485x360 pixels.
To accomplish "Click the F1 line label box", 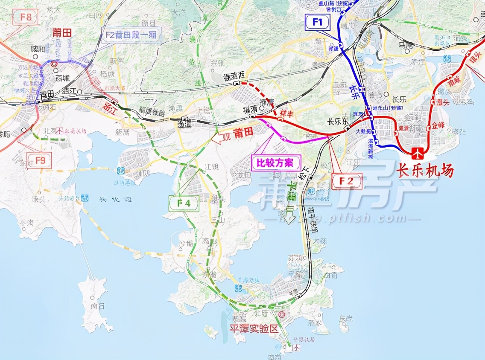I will pos(318,22).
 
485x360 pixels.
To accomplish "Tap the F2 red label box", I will pos(347,181).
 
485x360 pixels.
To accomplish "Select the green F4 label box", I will pos(184,203).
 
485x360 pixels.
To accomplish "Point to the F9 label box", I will pos(40,160).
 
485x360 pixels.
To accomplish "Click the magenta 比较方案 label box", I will pos(275,163).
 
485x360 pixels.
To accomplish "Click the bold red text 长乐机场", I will pos(425,171).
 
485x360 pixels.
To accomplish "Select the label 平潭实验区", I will pos(253,329).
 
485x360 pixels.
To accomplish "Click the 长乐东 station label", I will pos(338,121).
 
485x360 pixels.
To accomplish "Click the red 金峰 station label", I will pos(438,125).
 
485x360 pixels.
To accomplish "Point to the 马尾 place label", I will pos(405,44).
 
